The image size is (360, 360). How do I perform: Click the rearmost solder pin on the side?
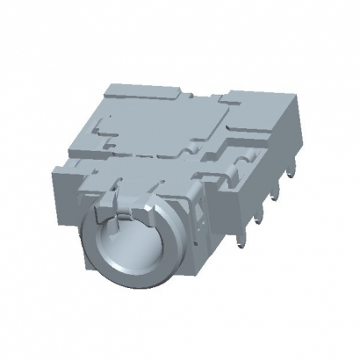point(278,185)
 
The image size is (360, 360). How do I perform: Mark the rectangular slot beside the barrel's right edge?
point(197,215)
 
